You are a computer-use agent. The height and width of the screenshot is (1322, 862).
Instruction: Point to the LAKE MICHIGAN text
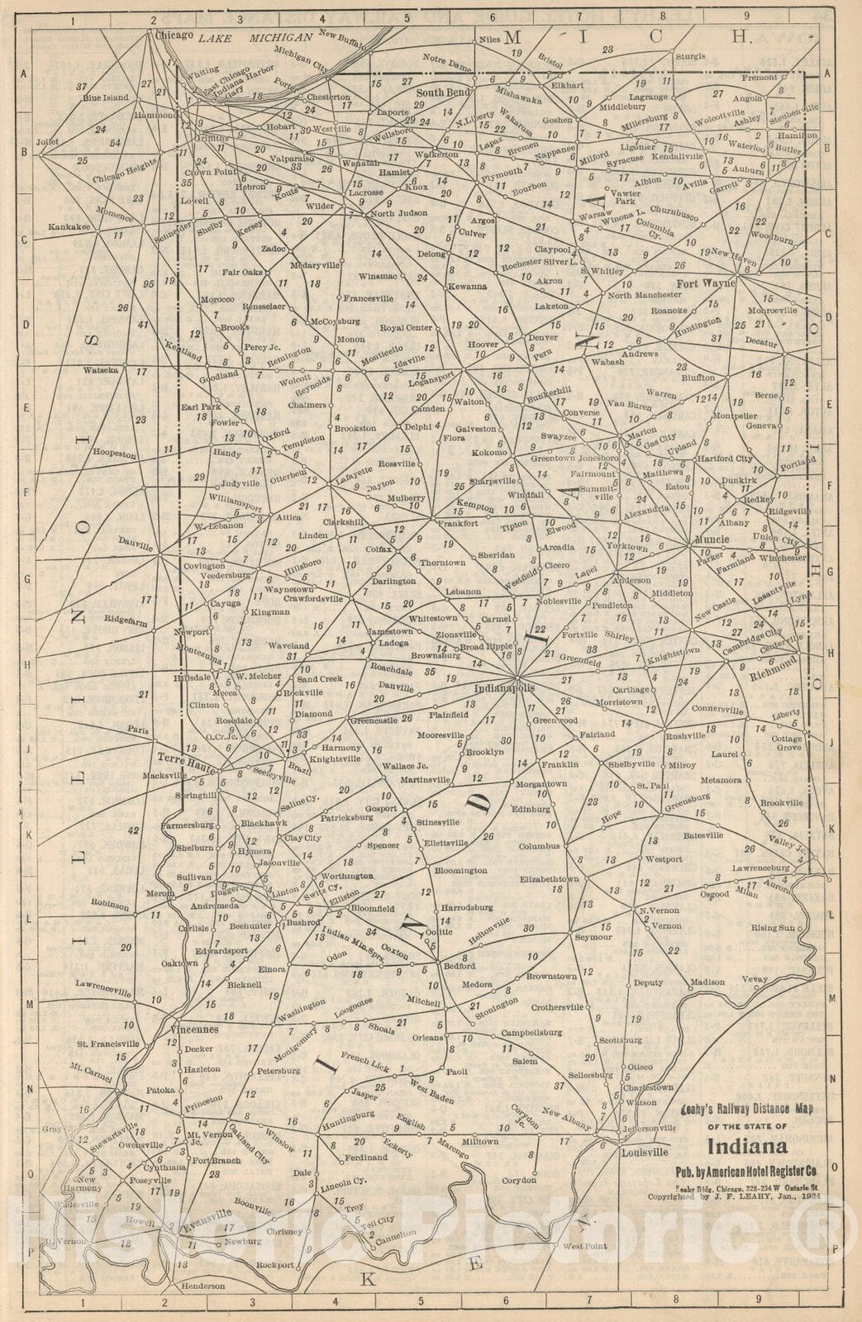click(258, 38)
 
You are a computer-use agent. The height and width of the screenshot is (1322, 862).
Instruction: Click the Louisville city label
click(644, 1152)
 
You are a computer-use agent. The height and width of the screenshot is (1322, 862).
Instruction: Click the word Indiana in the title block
click(746, 1147)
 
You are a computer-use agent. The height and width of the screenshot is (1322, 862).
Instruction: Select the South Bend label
click(443, 93)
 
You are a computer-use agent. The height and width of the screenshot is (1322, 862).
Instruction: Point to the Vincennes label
click(194, 1030)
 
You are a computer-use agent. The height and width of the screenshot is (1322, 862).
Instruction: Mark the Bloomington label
click(460, 870)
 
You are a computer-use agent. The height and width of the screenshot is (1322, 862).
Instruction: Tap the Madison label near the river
click(707, 982)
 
